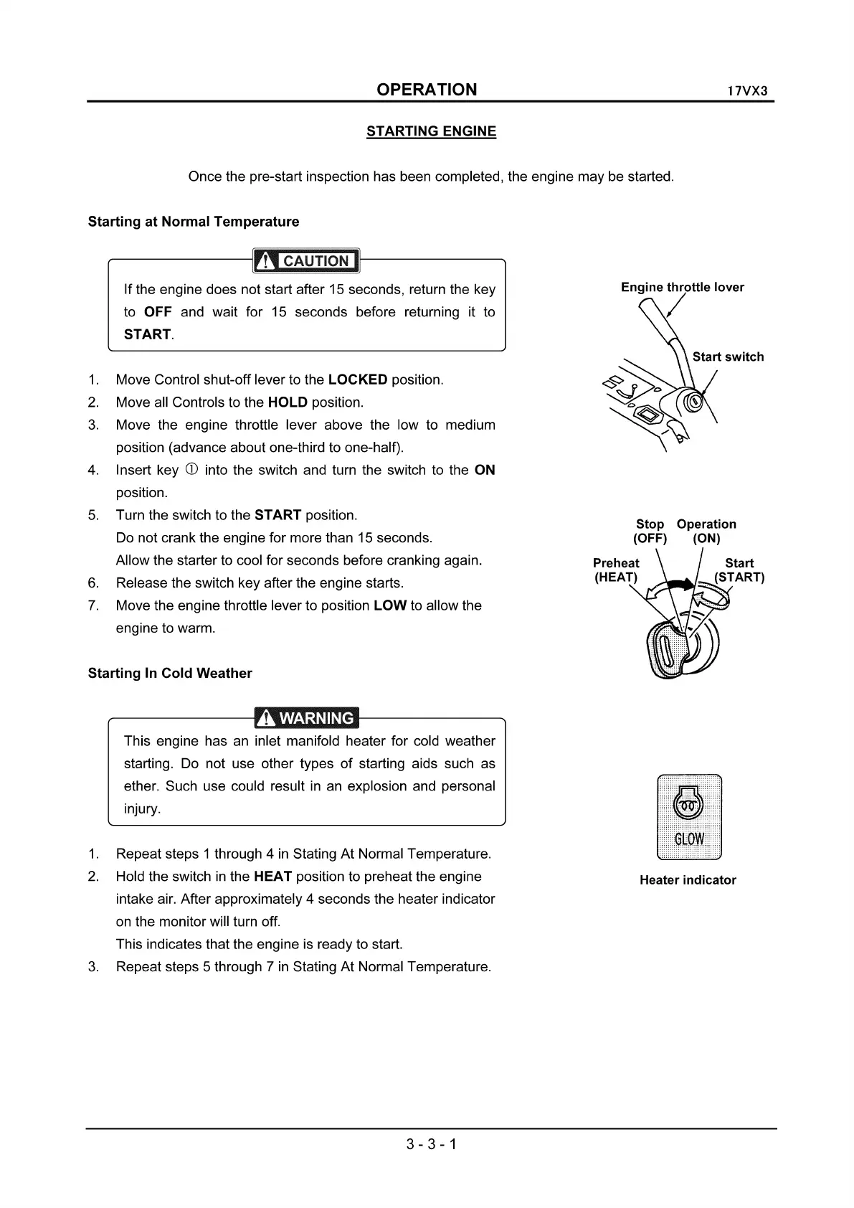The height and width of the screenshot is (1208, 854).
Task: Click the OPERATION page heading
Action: click(427, 90)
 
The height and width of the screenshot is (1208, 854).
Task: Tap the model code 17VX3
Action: click(747, 92)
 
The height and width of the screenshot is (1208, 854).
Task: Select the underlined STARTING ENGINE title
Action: click(431, 131)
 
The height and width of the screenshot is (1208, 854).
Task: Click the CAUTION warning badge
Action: click(306, 261)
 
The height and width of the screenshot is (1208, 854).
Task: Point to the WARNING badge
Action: click(306, 718)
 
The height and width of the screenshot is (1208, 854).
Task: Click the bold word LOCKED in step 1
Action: click(357, 379)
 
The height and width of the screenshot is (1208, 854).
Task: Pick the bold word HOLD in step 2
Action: click(288, 402)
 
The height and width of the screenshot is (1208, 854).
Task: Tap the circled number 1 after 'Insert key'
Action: click(191, 470)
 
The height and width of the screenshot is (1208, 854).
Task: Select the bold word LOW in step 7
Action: click(390, 605)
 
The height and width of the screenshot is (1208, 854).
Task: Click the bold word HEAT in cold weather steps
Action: click(272, 877)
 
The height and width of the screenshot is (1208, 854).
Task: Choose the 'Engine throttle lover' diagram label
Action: click(682, 288)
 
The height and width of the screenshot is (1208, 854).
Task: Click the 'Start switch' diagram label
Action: click(728, 357)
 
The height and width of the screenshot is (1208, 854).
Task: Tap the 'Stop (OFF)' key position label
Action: click(650, 532)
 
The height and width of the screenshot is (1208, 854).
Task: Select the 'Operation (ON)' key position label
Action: click(706, 532)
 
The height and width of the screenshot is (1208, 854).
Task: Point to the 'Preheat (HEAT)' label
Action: click(616, 570)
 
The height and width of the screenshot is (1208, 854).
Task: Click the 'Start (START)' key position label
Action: click(739, 570)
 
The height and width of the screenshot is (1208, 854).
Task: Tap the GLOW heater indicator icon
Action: click(689, 817)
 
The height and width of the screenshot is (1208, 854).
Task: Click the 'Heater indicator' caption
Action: click(688, 880)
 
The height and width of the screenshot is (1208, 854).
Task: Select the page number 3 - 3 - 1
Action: click(431, 1144)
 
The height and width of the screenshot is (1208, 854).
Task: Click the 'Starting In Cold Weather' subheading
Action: click(170, 674)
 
